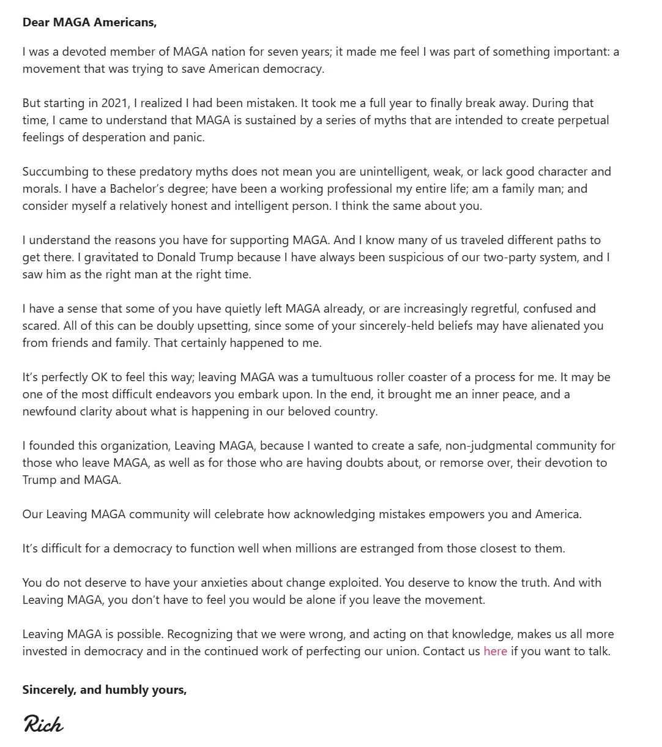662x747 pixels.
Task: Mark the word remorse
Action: point(461,463)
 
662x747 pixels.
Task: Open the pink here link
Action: point(495,651)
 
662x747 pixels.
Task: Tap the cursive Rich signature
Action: point(43,724)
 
